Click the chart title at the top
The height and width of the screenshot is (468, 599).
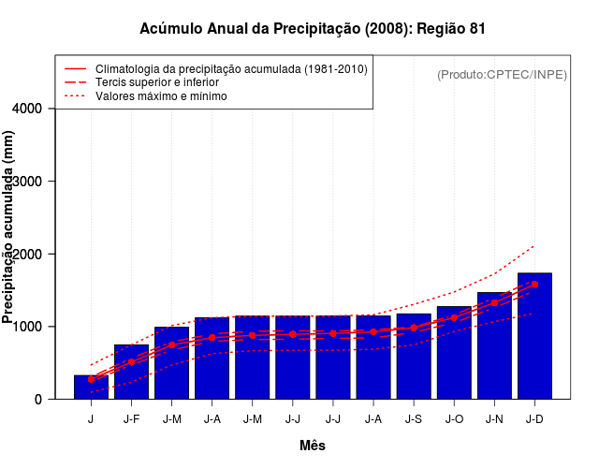click(313, 29)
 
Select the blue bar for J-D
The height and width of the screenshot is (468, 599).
click(534, 337)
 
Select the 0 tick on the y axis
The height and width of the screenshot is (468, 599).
click(37, 400)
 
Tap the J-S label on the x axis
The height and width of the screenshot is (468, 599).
click(413, 419)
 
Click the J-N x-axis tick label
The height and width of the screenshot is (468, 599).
click(494, 419)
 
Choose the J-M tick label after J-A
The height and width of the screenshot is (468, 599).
click(252, 419)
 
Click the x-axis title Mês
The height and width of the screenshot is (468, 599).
click(313, 446)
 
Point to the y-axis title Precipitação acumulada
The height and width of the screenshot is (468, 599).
click(9, 239)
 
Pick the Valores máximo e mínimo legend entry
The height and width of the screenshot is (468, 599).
click(160, 95)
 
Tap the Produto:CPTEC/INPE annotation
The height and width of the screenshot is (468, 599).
click(502, 74)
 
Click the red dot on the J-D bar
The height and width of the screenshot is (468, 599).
click(534, 284)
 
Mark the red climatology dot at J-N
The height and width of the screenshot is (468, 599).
click(494, 302)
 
